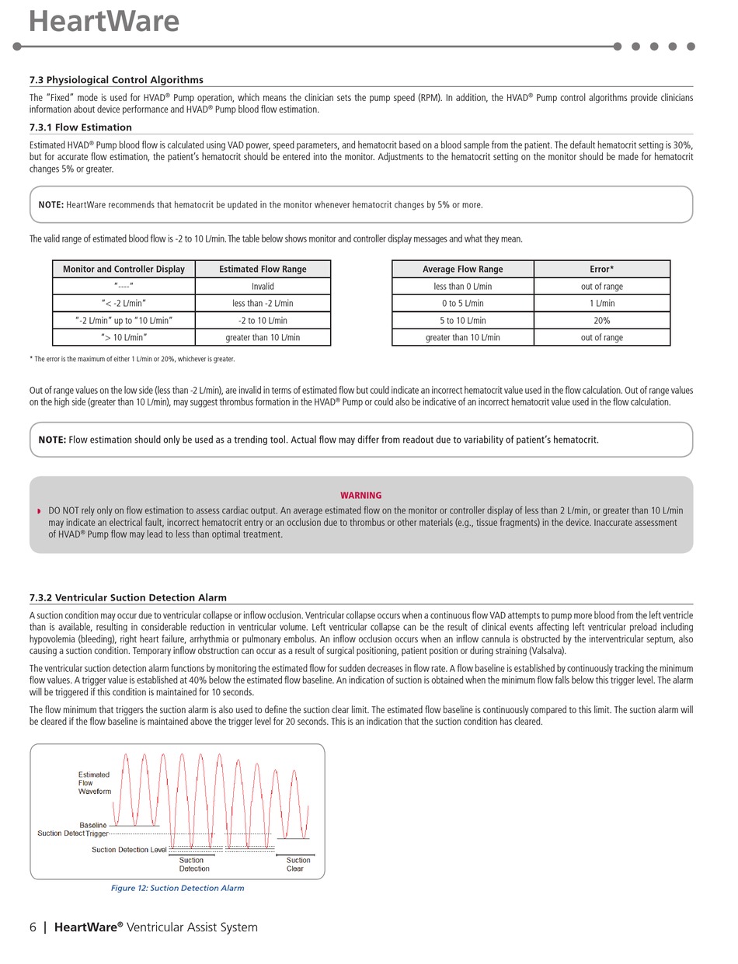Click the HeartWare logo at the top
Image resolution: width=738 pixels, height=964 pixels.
pos(103,21)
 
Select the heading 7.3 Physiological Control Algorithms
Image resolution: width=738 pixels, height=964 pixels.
pos(117,80)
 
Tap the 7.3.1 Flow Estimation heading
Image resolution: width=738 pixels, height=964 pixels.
pos(81,127)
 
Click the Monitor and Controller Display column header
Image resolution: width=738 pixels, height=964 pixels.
pos(124,270)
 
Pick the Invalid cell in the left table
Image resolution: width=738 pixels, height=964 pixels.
pos(263,287)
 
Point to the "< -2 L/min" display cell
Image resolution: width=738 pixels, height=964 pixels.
pos(124,304)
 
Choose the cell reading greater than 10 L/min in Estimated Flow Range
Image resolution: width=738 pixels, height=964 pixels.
pos(263,338)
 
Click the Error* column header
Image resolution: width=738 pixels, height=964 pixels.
pos(601,270)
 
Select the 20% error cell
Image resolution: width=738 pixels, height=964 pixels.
pos(601,321)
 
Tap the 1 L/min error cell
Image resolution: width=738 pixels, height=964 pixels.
pos(601,304)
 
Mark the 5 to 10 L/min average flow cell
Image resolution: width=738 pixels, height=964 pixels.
pos(462,321)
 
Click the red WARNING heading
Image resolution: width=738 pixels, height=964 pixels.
pos(361,496)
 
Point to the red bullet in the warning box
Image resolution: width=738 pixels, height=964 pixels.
pos(39,511)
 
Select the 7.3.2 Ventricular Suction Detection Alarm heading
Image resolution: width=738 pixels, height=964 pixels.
pos(128,597)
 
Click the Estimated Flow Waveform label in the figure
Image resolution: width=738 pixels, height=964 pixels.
pos(94,783)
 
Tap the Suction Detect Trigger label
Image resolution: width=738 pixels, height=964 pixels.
pos(73,833)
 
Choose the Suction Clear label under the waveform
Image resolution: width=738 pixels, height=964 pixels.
pos(298,865)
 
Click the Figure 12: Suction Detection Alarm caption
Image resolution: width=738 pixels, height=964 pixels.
pos(178,889)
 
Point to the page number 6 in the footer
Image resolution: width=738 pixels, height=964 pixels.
pos(33,927)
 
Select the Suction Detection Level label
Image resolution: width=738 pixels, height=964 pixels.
pos(129,850)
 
